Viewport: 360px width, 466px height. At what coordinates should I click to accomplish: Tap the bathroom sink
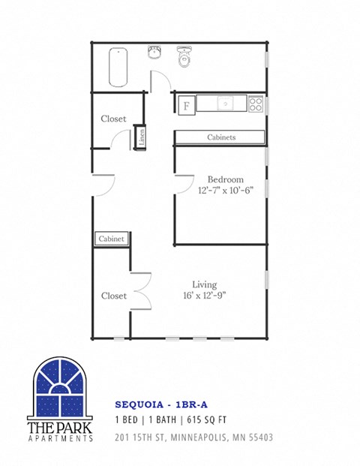point(154,54)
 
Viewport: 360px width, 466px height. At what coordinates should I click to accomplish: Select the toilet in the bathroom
point(184,57)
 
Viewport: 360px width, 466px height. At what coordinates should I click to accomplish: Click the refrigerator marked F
point(185,105)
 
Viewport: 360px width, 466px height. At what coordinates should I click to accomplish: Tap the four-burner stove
point(256,104)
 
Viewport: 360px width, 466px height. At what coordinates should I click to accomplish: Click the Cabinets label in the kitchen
point(221,137)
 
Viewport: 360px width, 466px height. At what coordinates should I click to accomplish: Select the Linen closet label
point(140,138)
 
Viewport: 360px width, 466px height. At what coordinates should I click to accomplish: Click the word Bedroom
point(225,179)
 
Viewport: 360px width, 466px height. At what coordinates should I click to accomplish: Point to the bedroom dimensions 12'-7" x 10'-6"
point(226,191)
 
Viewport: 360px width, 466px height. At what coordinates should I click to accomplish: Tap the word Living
point(204,284)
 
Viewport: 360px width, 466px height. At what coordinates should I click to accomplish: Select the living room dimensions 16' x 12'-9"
point(204,295)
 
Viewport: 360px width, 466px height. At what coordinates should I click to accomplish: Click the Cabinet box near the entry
point(111,239)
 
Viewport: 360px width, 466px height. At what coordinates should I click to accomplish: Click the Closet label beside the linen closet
point(113,119)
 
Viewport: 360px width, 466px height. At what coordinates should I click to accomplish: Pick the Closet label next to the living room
point(113,296)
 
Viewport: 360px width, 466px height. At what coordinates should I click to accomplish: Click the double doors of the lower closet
point(139,291)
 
